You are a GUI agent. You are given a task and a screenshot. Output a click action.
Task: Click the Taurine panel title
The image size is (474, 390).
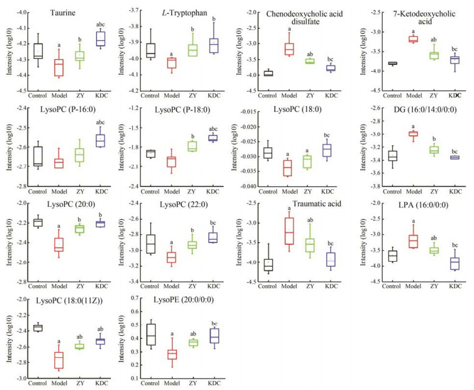coord(69,13)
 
